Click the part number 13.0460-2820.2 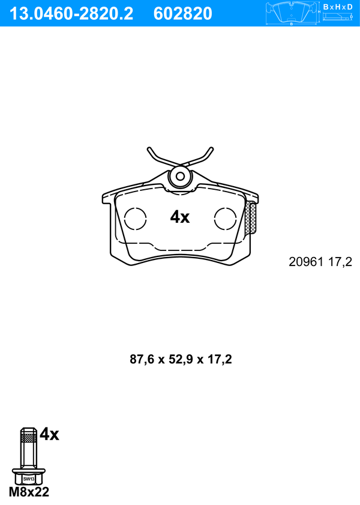coord(71,14)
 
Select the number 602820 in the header coord(183,14)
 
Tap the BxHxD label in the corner coord(338,7)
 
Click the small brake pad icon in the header coord(292,13)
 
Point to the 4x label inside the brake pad coord(180,217)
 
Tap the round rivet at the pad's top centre coord(180,176)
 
